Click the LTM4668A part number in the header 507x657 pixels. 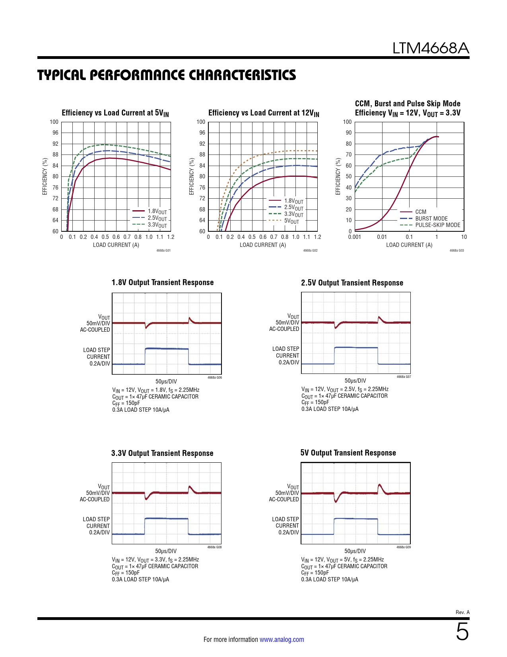431,48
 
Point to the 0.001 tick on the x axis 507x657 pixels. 355,237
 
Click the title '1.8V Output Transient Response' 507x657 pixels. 163,282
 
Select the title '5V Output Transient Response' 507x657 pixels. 348,453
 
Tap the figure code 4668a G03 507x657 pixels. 456,250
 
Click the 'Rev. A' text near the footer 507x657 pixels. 462,612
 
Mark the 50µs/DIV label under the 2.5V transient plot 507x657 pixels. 355,381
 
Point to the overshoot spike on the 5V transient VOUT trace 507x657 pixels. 380,485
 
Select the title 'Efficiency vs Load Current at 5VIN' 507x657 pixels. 115,113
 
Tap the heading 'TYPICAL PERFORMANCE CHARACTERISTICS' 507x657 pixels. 167,75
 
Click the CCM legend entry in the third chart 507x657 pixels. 421,212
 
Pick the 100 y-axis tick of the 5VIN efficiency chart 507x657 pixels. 54,122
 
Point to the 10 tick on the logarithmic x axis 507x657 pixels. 464,237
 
